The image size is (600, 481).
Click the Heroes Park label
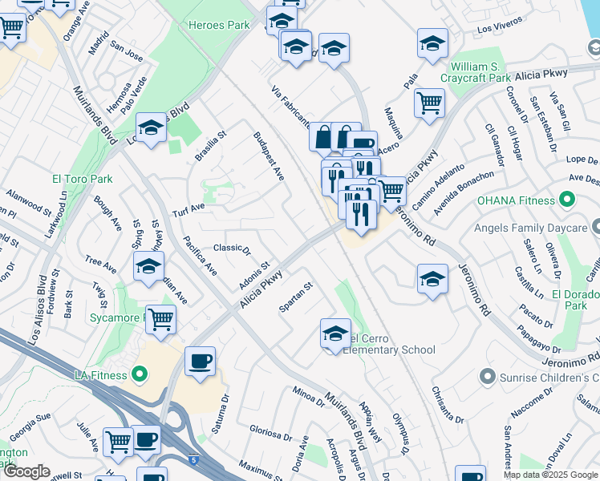click(219, 26)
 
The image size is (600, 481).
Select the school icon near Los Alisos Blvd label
click(150, 128)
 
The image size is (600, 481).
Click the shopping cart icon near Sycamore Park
click(161, 318)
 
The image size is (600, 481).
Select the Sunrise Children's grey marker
click(485, 376)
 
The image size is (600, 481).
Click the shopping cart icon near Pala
click(429, 102)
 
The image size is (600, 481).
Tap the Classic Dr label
click(232, 249)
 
